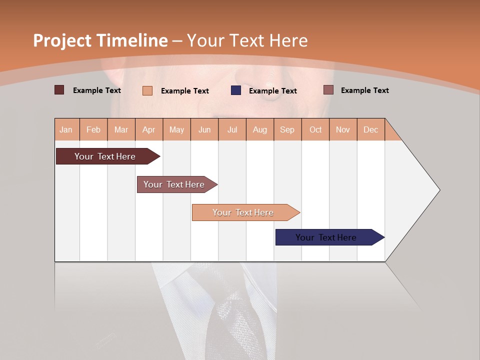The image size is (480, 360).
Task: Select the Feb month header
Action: point(93,129)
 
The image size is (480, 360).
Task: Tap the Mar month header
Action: point(121,129)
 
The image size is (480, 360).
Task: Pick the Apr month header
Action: point(149,129)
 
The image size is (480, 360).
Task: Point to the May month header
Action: point(176,129)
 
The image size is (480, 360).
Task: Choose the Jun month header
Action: point(204,129)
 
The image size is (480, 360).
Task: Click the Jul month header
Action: point(232,129)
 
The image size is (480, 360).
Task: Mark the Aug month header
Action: point(260,129)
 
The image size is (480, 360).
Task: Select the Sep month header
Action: point(287,129)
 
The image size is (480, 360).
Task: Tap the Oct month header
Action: point(315,129)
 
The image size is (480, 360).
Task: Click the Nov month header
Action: point(343,129)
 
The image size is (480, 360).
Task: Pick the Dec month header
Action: point(371,129)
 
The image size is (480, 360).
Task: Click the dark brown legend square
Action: point(59,90)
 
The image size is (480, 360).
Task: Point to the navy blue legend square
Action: point(236,90)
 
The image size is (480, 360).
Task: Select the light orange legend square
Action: point(147,90)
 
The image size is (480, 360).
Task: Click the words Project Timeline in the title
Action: point(100,40)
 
